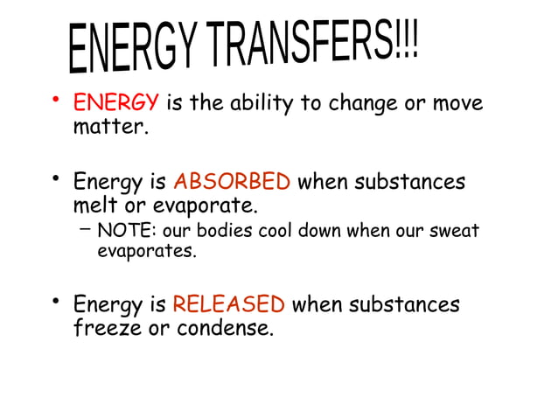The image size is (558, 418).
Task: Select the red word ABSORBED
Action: click(232, 183)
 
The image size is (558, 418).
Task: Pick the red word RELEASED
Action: click(228, 305)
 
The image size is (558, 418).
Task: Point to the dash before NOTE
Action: click(83, 229)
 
